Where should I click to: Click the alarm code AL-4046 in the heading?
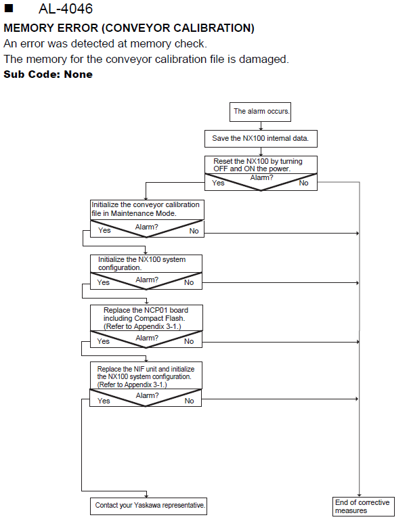(66, 9)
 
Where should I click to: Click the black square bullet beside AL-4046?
(9, 8)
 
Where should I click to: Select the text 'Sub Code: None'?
(48, 74)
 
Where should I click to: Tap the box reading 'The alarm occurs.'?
(260, 112)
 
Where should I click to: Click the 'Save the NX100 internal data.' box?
(261, 138)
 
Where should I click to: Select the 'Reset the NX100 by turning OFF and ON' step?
(261, 164)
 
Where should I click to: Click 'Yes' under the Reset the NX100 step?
(218, 183)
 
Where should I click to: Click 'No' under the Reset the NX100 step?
(303, 183)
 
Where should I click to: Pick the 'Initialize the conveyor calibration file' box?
(147, 209)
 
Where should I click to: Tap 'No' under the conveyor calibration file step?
(194, 231)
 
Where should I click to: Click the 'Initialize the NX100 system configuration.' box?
(146, 264)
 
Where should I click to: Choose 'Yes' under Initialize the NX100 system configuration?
(103, 282)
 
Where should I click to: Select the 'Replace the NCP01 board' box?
(146, 318)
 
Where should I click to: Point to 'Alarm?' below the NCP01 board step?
(147, 338)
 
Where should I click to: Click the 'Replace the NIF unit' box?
(146, 376)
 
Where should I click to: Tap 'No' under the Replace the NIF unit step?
(189, 401)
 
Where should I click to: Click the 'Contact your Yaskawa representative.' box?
(148, 506)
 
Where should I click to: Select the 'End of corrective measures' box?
(364, 506)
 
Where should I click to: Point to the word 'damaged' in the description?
(264, 60)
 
